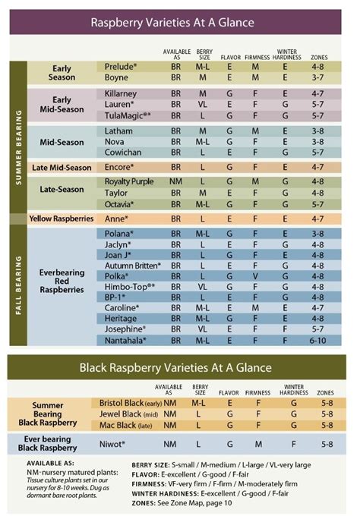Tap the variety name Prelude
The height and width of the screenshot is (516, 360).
(120, 67)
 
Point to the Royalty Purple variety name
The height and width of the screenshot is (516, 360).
(129, 181)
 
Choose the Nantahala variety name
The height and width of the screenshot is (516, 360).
(125, 341)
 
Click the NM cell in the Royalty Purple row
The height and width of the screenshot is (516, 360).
(175, 181)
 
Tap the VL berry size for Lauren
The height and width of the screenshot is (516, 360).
(203, 104)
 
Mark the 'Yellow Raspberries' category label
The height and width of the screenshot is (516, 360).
(62, 219)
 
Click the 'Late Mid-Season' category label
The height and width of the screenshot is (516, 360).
(62, 167)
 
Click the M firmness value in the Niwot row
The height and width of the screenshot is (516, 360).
(258, 443)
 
